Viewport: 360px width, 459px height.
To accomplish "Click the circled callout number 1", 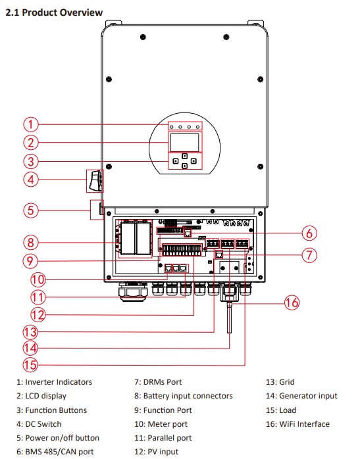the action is (31, 124).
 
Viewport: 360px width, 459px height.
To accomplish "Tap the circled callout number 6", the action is (309, 233).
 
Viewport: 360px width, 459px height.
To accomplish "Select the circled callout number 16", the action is (292, 302).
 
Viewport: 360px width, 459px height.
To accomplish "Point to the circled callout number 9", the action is (30, 260).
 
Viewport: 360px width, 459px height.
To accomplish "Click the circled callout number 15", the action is (30, 365).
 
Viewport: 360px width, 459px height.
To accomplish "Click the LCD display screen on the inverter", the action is (185, 143).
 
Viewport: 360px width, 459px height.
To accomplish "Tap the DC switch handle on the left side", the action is (95, 181).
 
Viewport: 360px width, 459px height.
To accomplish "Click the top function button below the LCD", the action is (184, 156).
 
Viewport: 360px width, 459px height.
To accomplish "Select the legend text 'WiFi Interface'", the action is (304, 424).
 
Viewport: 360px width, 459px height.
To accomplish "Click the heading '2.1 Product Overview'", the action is (54, 12).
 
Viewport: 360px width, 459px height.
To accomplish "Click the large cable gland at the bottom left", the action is (133, 292).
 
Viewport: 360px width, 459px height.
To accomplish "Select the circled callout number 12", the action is (38, 315).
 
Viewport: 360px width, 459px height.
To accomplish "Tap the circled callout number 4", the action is (31, 180).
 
